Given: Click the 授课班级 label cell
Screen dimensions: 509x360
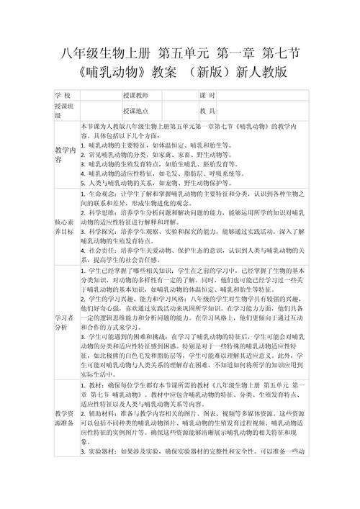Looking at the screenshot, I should coord(64,111).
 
